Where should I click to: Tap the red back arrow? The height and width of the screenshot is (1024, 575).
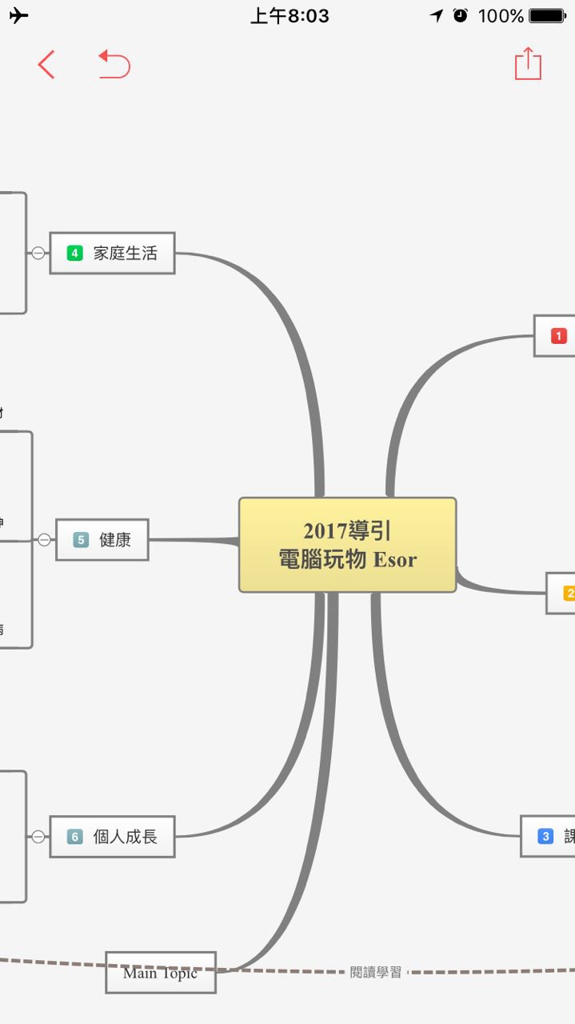[x=46, y=64]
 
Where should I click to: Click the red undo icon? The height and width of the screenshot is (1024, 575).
[x=114, y=64]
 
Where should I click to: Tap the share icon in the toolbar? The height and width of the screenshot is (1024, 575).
[x=528, y=63]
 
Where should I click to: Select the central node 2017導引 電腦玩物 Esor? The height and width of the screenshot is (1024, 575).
[x=347, y=545]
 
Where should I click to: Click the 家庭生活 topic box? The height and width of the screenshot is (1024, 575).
[x=112, y=254]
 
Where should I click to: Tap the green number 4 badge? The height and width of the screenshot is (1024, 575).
[x=75, y=254]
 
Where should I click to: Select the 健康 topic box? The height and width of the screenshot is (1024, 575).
[x=102, y=540]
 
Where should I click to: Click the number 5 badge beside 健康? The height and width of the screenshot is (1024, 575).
[x=81, y=540]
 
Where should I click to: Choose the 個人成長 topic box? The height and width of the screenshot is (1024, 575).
[x=112, y=837]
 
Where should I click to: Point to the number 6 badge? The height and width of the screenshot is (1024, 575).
[x=75, y=837]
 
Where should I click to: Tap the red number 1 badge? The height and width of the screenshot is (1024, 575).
[x=558, y=336]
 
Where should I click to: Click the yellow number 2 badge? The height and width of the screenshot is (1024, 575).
[x=569, y=594]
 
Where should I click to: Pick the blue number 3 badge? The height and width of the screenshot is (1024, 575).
[x=545, y=837]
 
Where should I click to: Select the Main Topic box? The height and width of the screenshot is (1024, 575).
[x=161, y=973]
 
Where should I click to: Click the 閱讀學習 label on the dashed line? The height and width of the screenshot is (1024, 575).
[x=376, y=973]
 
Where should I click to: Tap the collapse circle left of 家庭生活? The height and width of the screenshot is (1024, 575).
[x=38, y=254]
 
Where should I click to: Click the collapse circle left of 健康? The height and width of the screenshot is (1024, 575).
[x=44, y=540]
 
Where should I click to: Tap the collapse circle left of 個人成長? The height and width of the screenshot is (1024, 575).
[x=38, y=837]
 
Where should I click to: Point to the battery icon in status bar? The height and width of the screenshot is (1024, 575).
[x=548, y=16]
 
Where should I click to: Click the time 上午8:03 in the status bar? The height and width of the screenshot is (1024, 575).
[x=289, y=16]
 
